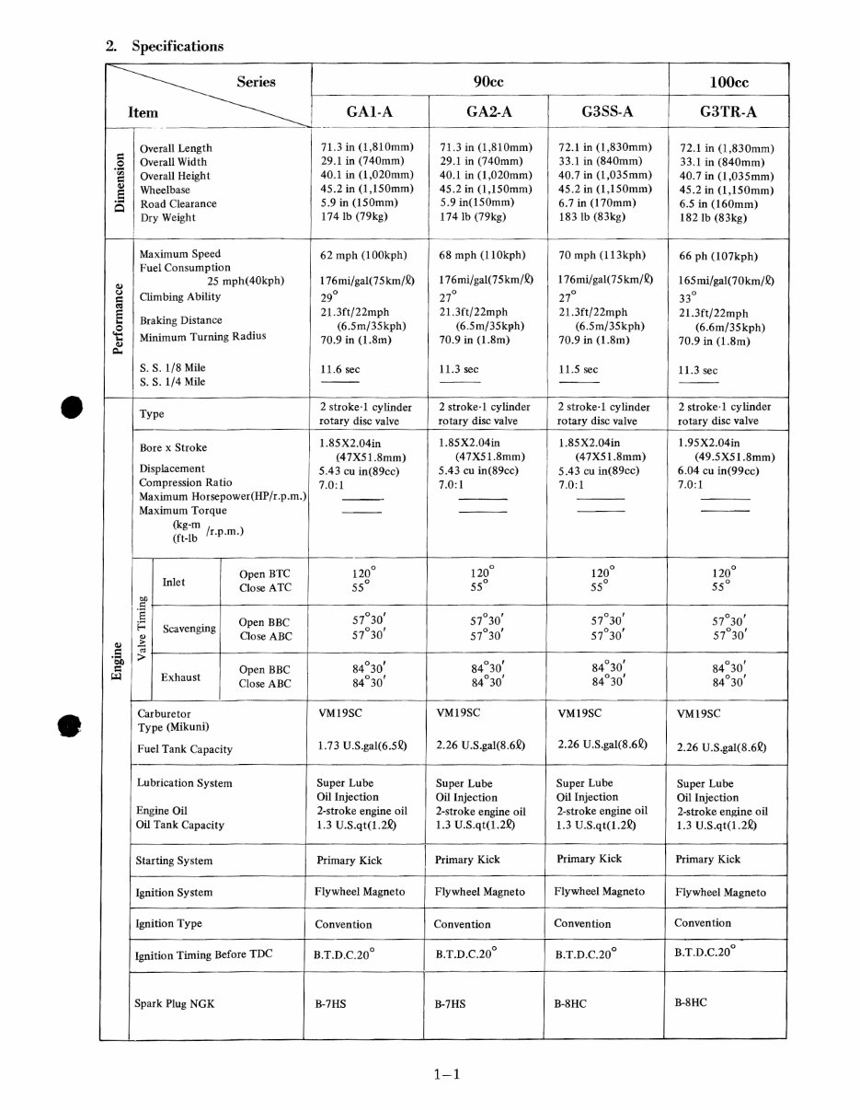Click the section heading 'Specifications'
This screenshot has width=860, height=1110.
(178, 46)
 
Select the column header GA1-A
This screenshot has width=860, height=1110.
(370, 111)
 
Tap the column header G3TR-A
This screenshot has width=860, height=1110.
(727, 111)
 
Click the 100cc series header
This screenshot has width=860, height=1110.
(728, 82)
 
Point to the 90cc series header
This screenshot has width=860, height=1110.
(488, 82)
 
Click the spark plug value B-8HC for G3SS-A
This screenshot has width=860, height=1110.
(570, 1003)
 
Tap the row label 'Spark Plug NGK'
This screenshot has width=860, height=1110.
(175, 1003)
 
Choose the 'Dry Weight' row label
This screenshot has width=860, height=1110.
(167, 218)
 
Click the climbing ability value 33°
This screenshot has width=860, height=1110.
(686, 298)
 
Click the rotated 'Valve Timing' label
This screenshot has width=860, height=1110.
(141, 629)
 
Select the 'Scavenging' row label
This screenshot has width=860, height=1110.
(189, 629)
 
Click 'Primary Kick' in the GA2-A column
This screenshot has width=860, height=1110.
(467, 860)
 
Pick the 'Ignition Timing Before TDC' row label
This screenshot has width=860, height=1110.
(204, 954)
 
